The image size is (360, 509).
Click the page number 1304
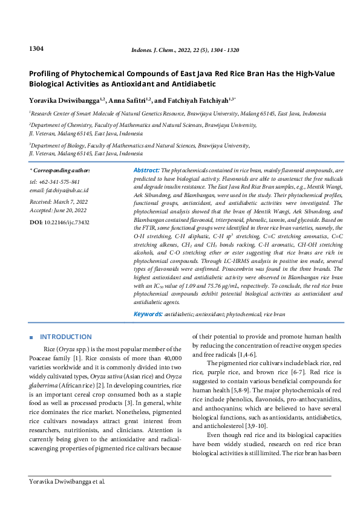point(36,48)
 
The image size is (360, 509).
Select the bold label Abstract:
point(146,171)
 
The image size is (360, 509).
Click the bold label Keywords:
point(148,314)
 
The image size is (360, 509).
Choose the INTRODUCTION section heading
point(66,337)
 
